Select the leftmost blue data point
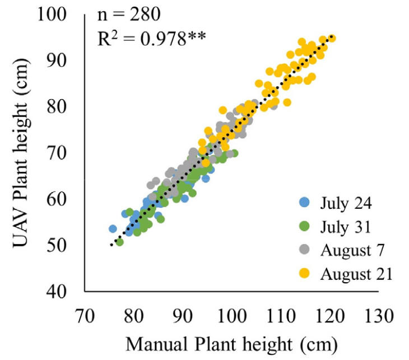pos(113,228)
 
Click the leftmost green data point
pos(119,242)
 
